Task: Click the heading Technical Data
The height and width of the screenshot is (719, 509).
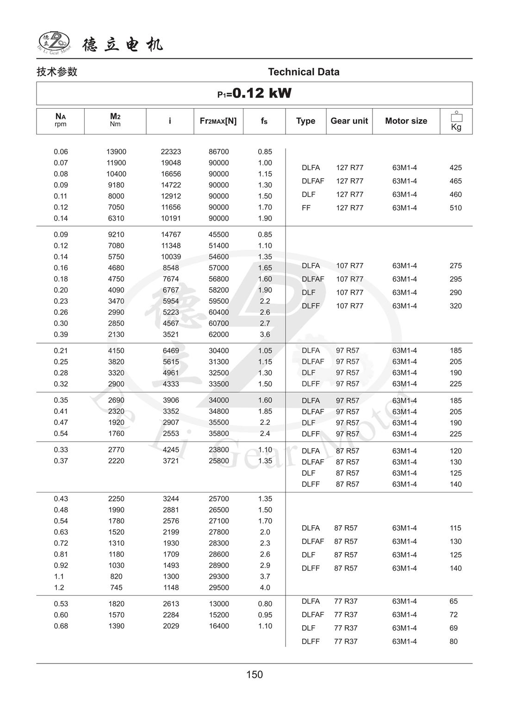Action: pyautogui.click(x=304, y=72)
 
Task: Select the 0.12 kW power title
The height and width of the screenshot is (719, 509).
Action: pyautogui.click(x=254, y=93)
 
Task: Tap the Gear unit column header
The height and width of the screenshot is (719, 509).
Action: pyautogui.click(x=349, y=121)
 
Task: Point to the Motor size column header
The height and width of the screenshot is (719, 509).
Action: pyautogui.click(x=406, y=121)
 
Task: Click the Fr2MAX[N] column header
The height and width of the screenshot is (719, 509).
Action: pyautogui.click(x=218, y=121)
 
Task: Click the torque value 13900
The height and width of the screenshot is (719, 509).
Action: pyautogui.click(x=116, y=152)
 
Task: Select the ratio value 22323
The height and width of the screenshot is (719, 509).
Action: pyautogui.click(x=171, y=152)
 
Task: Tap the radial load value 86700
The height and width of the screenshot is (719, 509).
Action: pyautogui.click(x=218, y=152)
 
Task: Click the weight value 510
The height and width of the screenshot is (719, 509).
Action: pyautogui.click(x=455, y=208)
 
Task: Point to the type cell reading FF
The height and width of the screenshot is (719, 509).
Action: pyautogui.click(x=306, y=208)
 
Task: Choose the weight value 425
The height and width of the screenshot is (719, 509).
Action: pyautogui.click(x=455, y=167)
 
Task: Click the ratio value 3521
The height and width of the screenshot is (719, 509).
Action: pyautogui.click(x=171, y=334)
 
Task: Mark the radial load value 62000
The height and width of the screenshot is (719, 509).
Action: pyautogui.click(x=218, y=334)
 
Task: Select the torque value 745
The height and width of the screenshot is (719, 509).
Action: pyautogui.click(x=116, y=587)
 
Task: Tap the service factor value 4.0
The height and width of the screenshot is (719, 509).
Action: pyautogui.click(x=265, y=587)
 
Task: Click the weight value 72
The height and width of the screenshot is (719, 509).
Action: pyautogui.click(x=453, y=615)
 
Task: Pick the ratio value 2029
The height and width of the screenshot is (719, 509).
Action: pyautogui.click(x=171, y=626)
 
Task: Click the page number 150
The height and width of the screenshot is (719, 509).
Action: pyautogui.click(x=254, y=674)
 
